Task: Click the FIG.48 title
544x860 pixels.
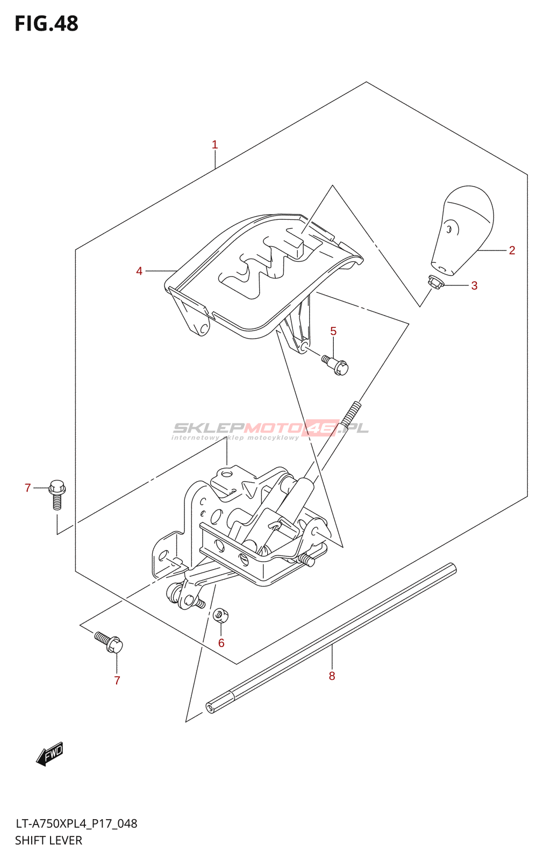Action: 46,24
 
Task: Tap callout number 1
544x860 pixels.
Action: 214,145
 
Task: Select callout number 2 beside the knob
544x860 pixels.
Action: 512,250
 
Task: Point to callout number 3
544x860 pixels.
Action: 474,285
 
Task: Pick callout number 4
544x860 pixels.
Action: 139,271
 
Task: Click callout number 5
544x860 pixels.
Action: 333,331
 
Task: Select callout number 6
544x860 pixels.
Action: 221,643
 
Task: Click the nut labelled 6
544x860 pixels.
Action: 220,615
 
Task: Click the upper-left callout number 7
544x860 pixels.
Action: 28,488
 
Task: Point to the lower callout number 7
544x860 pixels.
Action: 117,680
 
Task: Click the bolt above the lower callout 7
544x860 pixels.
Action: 109,641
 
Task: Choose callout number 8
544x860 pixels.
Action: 332,676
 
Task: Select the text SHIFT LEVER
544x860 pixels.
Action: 48,841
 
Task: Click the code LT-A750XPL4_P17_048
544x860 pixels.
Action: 76,823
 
